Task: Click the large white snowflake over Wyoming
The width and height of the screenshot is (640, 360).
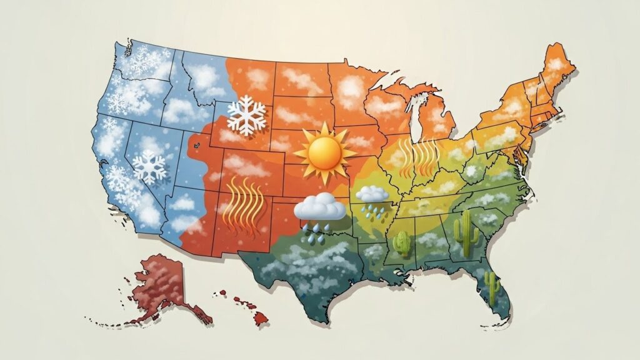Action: click(x=247, y=115)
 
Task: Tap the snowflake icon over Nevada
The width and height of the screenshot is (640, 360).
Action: click(x=149, y=167)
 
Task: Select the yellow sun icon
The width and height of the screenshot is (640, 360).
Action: click(x=324, y=152)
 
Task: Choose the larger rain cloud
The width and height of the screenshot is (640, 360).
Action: click(x=319, y=207)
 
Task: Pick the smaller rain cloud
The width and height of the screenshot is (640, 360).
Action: click(x=372, y=194)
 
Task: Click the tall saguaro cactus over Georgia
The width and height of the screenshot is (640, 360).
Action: click(x=466, y=232)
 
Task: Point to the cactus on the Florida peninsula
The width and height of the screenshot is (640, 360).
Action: click(x=492, y=288)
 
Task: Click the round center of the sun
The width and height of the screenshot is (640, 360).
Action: click(x=324, y=152)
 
